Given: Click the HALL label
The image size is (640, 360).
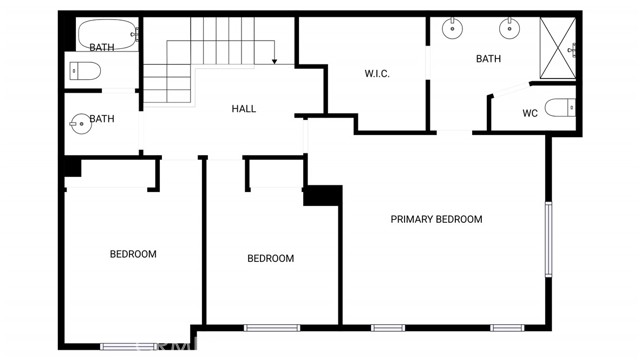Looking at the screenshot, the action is (244, 109).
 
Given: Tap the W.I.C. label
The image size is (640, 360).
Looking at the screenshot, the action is (377, 74).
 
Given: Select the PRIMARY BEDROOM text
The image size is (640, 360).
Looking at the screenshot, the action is (436, 220).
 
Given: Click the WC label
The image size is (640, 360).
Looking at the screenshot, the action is (530, 113).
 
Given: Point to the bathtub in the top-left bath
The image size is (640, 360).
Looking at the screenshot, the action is (108, 34).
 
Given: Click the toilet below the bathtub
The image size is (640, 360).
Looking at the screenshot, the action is (85, 71).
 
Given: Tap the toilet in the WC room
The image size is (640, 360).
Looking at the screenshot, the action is (560, 108).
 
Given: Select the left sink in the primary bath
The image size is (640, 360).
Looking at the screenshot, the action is (452, 28).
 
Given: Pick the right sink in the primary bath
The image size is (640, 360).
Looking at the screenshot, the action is (509, 28).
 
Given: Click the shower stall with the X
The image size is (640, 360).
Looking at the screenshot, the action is (558, 48).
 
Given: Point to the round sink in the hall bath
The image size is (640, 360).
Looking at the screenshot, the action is (80, 124).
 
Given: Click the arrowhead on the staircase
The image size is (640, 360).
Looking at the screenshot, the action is (274, 62).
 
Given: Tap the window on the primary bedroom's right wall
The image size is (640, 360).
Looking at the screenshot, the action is (549, 240).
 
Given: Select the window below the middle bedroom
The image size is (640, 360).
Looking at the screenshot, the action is (272, 328).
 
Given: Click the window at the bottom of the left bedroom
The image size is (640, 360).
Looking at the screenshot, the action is (129, 347).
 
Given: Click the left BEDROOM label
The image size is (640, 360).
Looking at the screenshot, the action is (133, 254).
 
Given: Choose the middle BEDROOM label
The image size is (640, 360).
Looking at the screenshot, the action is (271, 258).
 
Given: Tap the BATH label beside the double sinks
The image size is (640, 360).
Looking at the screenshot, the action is (488, 59).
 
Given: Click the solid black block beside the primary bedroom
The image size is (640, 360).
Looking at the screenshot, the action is (323, 196).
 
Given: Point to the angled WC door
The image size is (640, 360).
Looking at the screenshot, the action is (510, 90).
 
